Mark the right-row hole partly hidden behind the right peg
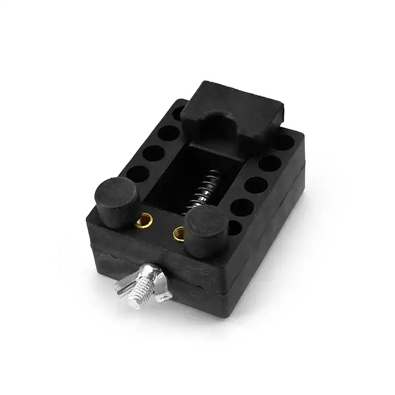tap(232, 225)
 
